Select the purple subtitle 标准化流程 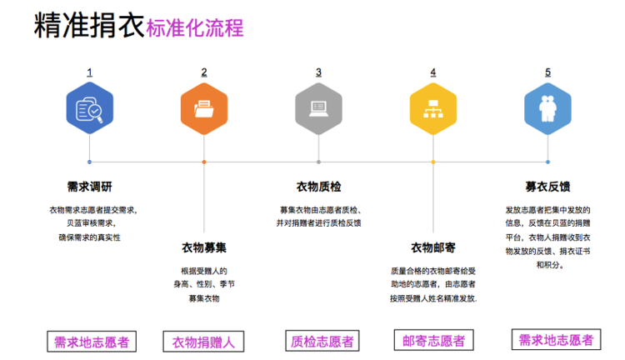click(x=194, y=28)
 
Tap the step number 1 click(x=89, y=72)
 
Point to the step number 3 click(x=318, y=72)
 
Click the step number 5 click(x=547, y=72)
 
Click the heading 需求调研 click(x=89, y=186)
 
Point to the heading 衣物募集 click(x=204, y=247)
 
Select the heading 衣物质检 click(x=318, y=186)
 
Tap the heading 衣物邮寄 click(x=433, y=247)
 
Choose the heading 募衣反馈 click(x=547, y=186)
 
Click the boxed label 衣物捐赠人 click(x=203, y=342)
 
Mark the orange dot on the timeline click(x=204, y=162)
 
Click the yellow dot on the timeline click(x=433, y=162)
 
